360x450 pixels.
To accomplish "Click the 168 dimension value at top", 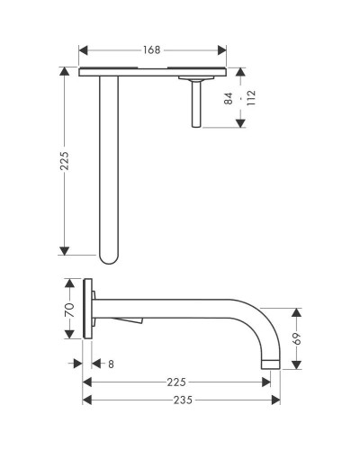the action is [151, 50].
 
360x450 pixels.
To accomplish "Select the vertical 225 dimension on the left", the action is [64, 161].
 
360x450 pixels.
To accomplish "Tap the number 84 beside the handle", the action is [229, 98].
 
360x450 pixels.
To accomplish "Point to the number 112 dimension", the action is [251, 98].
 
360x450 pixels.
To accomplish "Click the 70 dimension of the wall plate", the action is [69, 310].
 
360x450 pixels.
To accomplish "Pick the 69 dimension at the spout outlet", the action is [296, 338].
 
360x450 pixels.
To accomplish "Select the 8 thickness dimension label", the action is [111, 364].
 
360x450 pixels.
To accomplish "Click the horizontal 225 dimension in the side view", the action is [176, 382].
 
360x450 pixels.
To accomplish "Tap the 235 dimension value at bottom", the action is [183, 400].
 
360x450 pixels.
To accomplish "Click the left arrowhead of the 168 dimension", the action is [83, 50].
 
